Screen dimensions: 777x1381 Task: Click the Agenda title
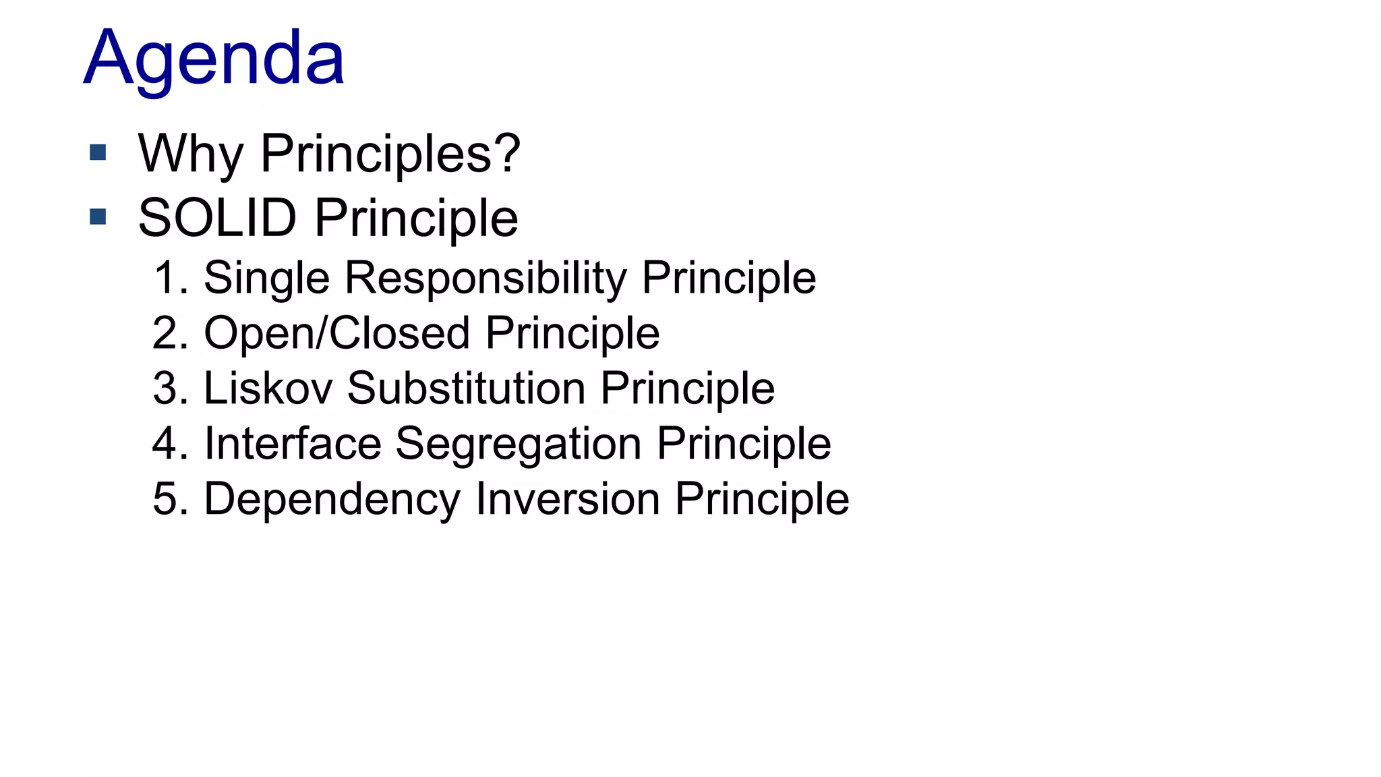pos(214,59)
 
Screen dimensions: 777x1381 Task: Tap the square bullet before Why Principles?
pos(98,152)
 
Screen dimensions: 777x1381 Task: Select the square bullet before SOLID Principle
pos(98,217)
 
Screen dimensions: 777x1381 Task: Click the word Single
pos(266,278)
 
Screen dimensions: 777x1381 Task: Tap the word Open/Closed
pos(336,333)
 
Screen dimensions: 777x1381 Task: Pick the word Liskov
pos(268,388)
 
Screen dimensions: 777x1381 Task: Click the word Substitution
pos(466,388)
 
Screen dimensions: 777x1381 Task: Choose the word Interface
pos(293,444)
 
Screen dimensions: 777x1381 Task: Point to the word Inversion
pos(567,499)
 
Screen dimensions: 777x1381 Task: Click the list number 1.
pos(169,278)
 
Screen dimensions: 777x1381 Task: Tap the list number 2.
pos(169,333)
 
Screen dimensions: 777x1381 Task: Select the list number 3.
pos(169,388)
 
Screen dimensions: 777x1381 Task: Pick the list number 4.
pos(169,444)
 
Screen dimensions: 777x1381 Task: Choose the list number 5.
pos(169,499)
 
